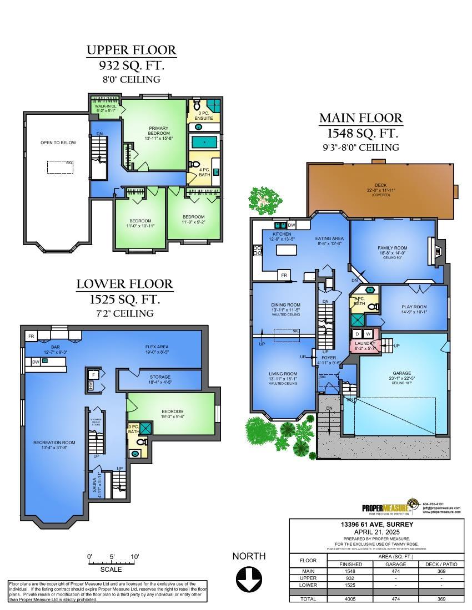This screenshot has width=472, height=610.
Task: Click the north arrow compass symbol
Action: coord(249,579)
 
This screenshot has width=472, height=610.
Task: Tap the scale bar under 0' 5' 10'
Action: coord(113,563)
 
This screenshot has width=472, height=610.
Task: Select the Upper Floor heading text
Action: coord(132,50)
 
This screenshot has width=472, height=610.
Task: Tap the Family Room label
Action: coord(393,248)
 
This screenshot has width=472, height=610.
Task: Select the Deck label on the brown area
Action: coord(381,186)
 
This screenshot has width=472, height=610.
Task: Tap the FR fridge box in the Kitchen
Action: coord(284,275)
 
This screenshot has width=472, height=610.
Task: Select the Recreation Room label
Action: coord(54,443)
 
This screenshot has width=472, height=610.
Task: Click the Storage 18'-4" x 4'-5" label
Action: coord(159,379)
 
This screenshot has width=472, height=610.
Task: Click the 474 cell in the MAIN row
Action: coord(395,571)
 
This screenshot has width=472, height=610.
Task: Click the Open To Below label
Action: coord(58,143)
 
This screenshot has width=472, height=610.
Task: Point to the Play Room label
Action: coord(414,308)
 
